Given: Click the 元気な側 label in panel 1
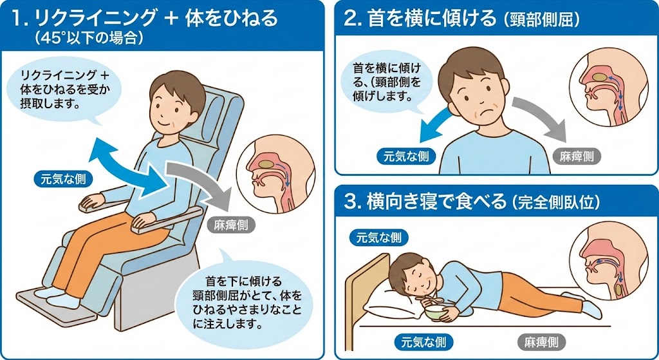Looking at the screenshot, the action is pos(63,180).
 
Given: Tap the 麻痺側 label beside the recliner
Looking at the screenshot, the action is pos(231,225).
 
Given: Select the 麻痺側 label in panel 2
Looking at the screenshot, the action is pos(577,156).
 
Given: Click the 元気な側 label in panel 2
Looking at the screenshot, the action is pos(406,156).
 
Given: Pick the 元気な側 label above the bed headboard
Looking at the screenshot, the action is pos(378,238).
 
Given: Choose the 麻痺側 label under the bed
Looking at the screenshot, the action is pos(541,342).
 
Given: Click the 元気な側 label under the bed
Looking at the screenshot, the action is pos(423,342).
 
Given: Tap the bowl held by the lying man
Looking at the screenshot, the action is pos(436,312).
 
